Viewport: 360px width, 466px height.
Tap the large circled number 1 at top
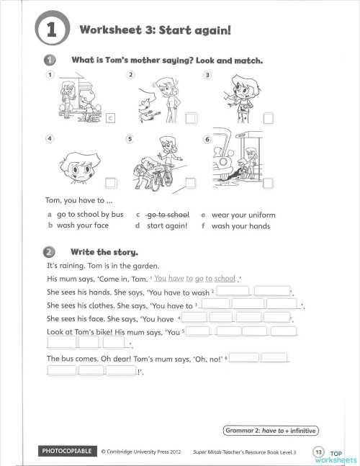pos(50,30)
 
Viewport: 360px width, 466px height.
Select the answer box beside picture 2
pos(191,119)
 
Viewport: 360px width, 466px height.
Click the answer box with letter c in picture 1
pos(111,119)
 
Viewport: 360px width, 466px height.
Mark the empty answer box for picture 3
pos(268,119)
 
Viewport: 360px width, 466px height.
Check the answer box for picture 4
pos(111,182)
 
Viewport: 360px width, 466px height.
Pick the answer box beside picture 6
pos(269,182)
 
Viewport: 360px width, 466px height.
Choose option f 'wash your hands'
pos(240,226)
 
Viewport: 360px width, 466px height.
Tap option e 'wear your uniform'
pos(243,215)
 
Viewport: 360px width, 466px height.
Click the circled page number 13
pos(318,451)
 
